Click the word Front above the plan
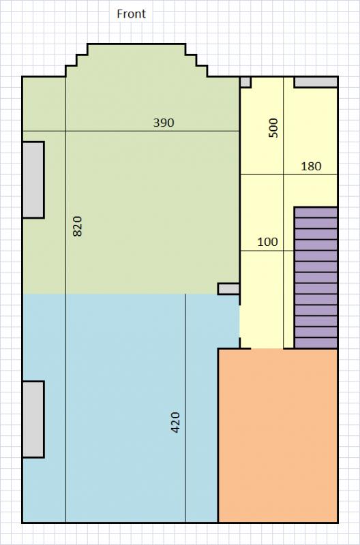pyautogui.click(x=131, y=14)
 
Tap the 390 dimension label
pyautogui.click(x=164, y=123)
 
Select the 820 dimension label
pyautogui.click(x=78, y=226)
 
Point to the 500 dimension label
pyautogui.click(x=274, y=128)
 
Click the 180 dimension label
pyautogui.click(x=311, y=166)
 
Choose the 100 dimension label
pyautogui.click(x=267, y=242)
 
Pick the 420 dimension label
pyautogui.click(x=176, y=422)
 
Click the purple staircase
pyautogui.click(x=316, y=278)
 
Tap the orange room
pyautogui.click(x=278, y=435)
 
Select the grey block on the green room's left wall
pyautogui.click(x=33, y=180)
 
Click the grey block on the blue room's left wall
pyautogui.click(x=33, y=419)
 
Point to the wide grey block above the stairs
pyautogui.click(x=316, y=82)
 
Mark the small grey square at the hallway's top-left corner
pyautogui.click(x=245, y=82)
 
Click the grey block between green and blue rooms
pyautogui.click(x=228, y=289)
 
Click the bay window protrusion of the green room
pyautogui.click(x=136, y=60)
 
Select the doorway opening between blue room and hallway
pyautogui.click(x=239, y=322)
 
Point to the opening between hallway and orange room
pyautogui.click(x=267, y=349)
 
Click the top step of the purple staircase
pyautogui.click(x=316, y=213)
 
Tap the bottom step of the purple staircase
pyautogui.click(x=316, y=343)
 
